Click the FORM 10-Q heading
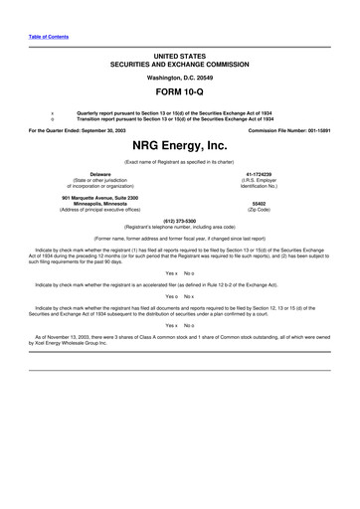click(x=180, y=91)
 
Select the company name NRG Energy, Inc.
click(x=180, y=145)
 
